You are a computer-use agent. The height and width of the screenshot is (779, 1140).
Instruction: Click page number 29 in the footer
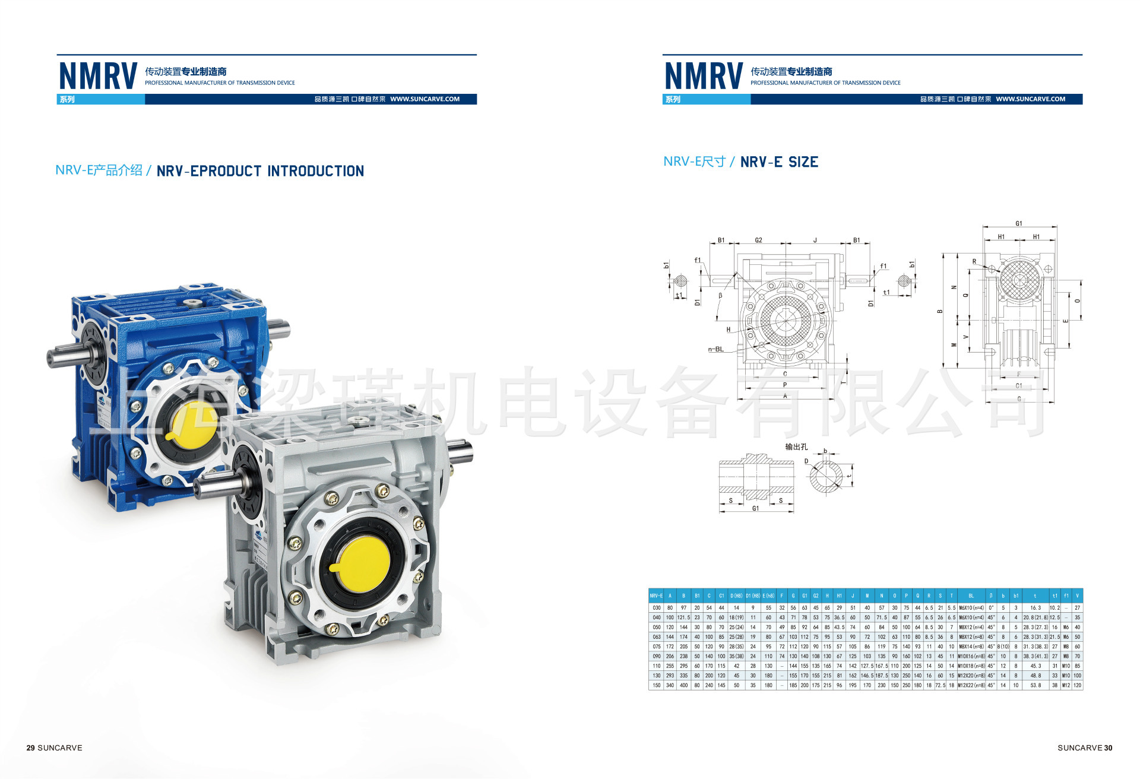click(x=31, y=748)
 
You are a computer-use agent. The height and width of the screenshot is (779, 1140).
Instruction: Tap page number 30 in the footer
click(x=1108, y=748)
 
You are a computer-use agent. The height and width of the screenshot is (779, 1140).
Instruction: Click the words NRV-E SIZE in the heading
click(x=779, y=162)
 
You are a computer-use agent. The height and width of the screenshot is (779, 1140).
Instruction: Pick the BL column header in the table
click(x=971, y=596)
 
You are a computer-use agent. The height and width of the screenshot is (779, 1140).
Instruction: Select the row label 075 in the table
click(x=656, y=647)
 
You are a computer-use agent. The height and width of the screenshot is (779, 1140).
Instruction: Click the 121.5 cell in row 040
click(x=683, y=617)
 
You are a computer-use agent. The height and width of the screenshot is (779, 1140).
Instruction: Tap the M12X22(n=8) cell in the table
click(x=971, y=685)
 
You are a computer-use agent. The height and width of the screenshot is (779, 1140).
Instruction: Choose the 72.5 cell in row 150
click(x=940, y=685)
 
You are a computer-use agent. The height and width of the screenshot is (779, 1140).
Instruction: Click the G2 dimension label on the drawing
click(x=758, y=240)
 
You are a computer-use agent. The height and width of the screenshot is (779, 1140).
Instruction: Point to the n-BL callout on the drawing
click(x=715, y=349)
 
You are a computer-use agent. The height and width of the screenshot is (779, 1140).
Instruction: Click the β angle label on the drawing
click(x=720, y=295)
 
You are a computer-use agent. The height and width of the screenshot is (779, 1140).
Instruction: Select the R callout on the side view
click(x=974, y=261)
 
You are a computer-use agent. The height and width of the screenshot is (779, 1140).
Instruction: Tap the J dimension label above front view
click(x=815, y=240)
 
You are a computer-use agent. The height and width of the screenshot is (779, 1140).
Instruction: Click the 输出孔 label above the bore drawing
click(x=796, y=446)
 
